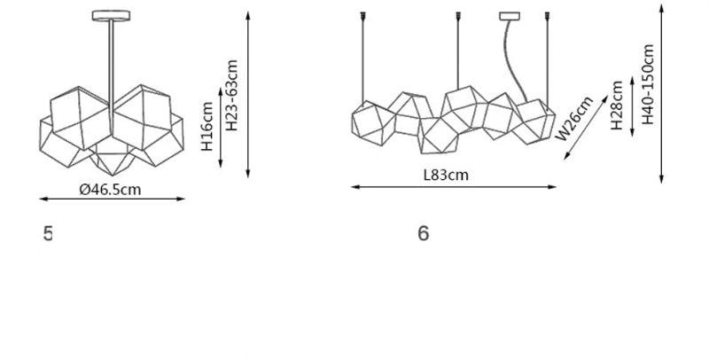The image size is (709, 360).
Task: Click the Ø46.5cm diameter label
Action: [x=110, y=189]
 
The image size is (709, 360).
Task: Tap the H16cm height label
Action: [x=206, y=127]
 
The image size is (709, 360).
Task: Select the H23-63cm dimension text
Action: [x=231, y=96]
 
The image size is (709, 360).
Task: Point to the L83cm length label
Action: [x=446, y=175]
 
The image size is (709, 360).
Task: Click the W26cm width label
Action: [x=574, y=119]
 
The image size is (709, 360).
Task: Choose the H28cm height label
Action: [x=617, y=106]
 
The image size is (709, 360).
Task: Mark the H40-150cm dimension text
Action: [x=648, y=84]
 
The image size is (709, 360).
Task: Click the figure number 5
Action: [x=48, y=233]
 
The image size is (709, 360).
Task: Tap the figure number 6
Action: [x=424, y=233]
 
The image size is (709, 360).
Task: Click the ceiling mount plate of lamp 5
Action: [x=112, y=16]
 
